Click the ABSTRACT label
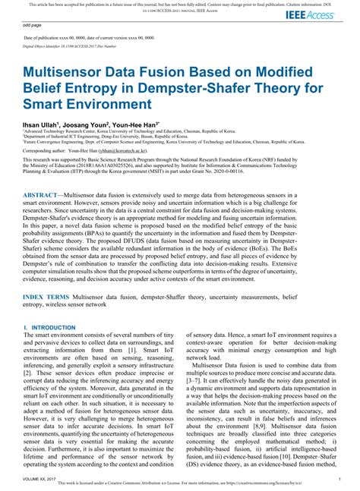45,195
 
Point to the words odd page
32,24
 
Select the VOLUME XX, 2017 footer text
43,480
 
